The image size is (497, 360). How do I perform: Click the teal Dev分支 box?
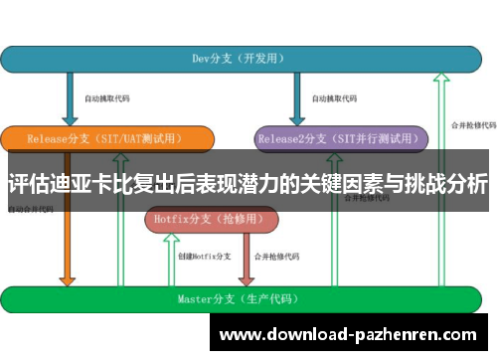point(248,59)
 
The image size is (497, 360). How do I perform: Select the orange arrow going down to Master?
point(67,239)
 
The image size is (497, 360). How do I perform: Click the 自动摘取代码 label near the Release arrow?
point(106,98)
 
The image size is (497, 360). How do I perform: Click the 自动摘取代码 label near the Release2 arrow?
point(333,98)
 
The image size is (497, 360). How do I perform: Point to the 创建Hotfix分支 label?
point(204,257)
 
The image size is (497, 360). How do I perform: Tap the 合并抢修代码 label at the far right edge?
point(473,125)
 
